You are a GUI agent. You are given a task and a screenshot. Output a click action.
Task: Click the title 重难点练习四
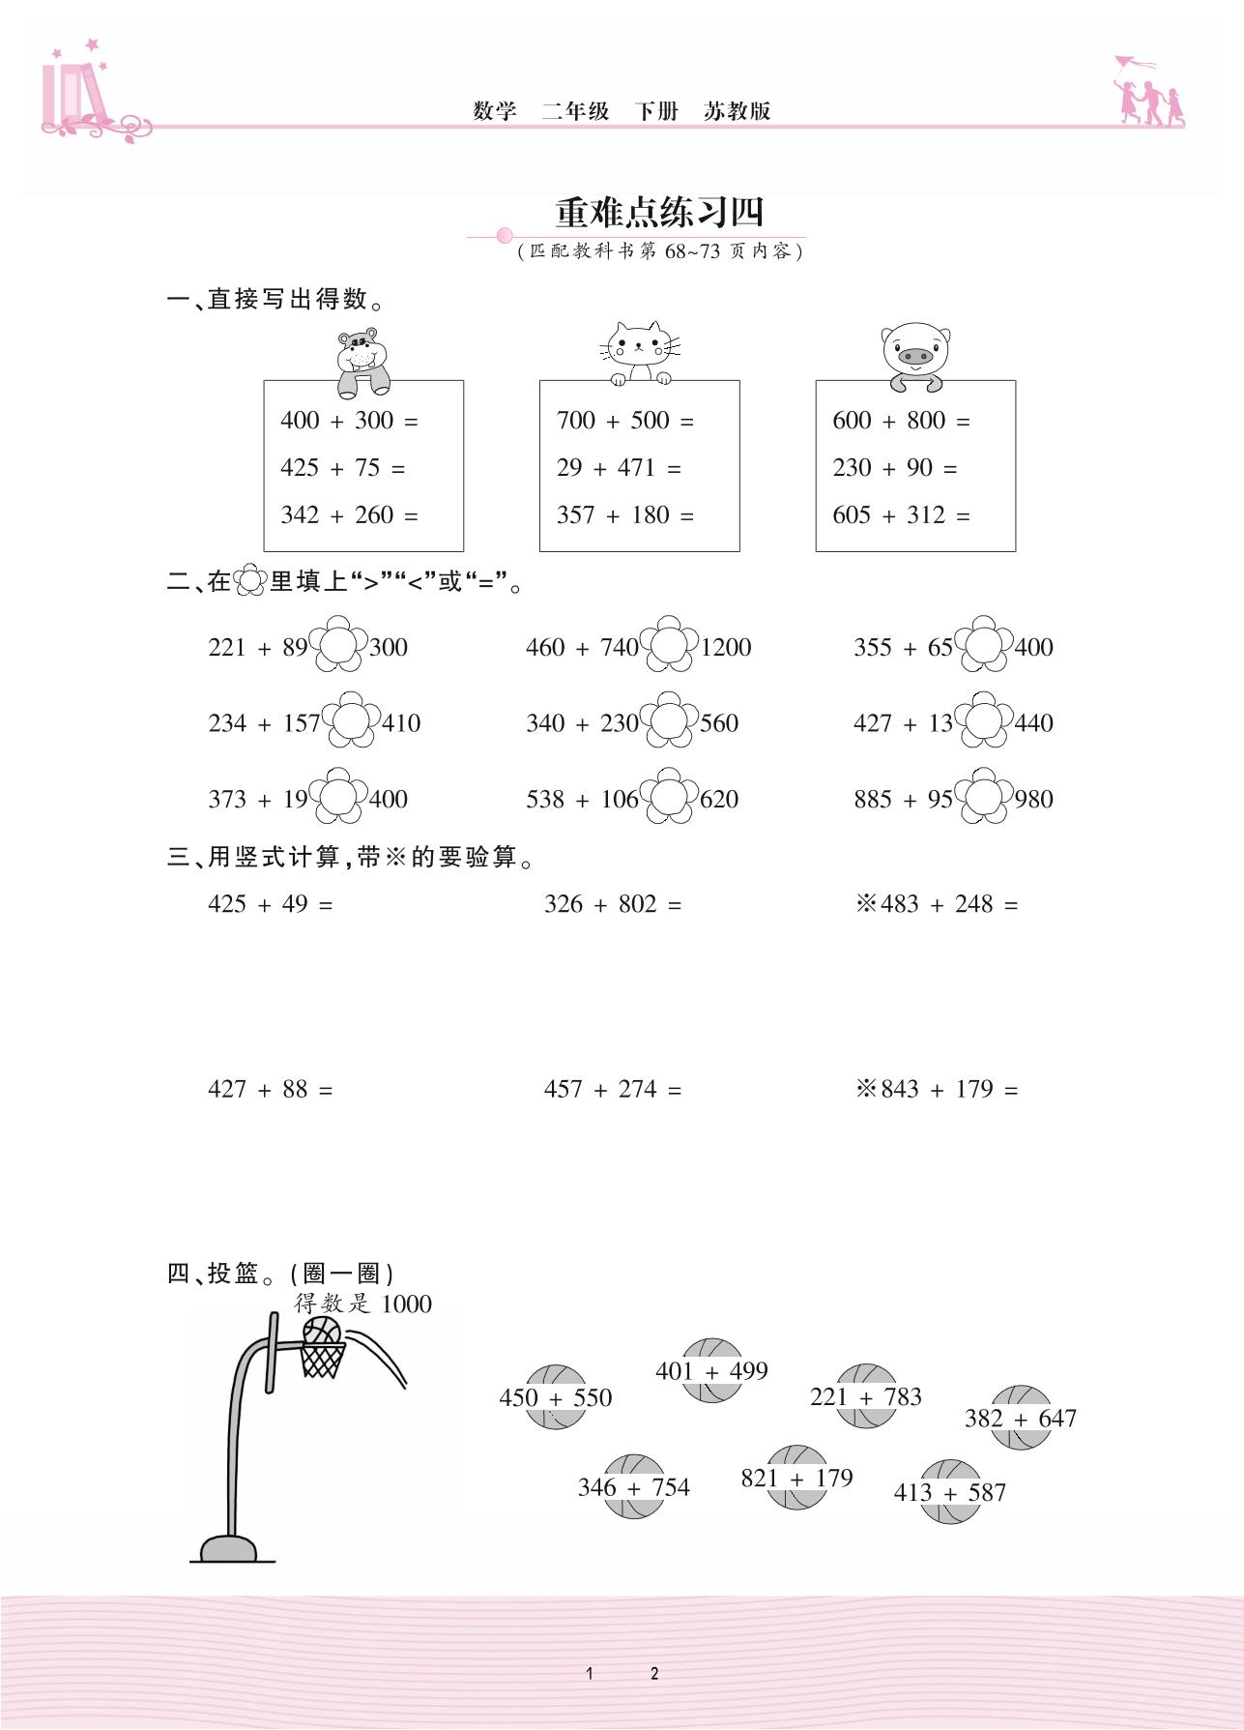pos(660,213)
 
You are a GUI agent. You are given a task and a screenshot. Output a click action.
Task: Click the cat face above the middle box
pos(639,351)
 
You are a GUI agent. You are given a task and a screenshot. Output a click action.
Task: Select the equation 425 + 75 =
pos(343,468)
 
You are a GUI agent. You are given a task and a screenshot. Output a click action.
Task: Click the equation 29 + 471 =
pos(619,468)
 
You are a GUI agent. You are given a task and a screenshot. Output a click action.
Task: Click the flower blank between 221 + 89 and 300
pos(338,644)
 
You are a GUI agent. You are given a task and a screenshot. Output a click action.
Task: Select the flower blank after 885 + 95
pos(984,797)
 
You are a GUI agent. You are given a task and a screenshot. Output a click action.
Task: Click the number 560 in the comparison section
pos(719,723)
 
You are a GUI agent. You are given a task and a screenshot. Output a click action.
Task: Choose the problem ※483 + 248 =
pos(937,904)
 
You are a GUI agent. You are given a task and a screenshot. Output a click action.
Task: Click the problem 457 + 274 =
pos(613,1090)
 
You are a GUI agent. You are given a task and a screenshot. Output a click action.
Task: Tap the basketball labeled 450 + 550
pos(556,1397)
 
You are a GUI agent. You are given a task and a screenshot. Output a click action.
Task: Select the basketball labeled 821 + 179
pos(796,1478)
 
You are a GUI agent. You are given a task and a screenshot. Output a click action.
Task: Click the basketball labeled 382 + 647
pos(1021,1418)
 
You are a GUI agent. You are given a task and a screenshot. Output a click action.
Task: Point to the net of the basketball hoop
pos(322,1360)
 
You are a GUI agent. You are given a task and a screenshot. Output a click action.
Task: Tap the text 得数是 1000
pos(363,1304)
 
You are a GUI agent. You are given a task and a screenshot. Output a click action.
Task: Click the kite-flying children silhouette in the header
pos(1149,94)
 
